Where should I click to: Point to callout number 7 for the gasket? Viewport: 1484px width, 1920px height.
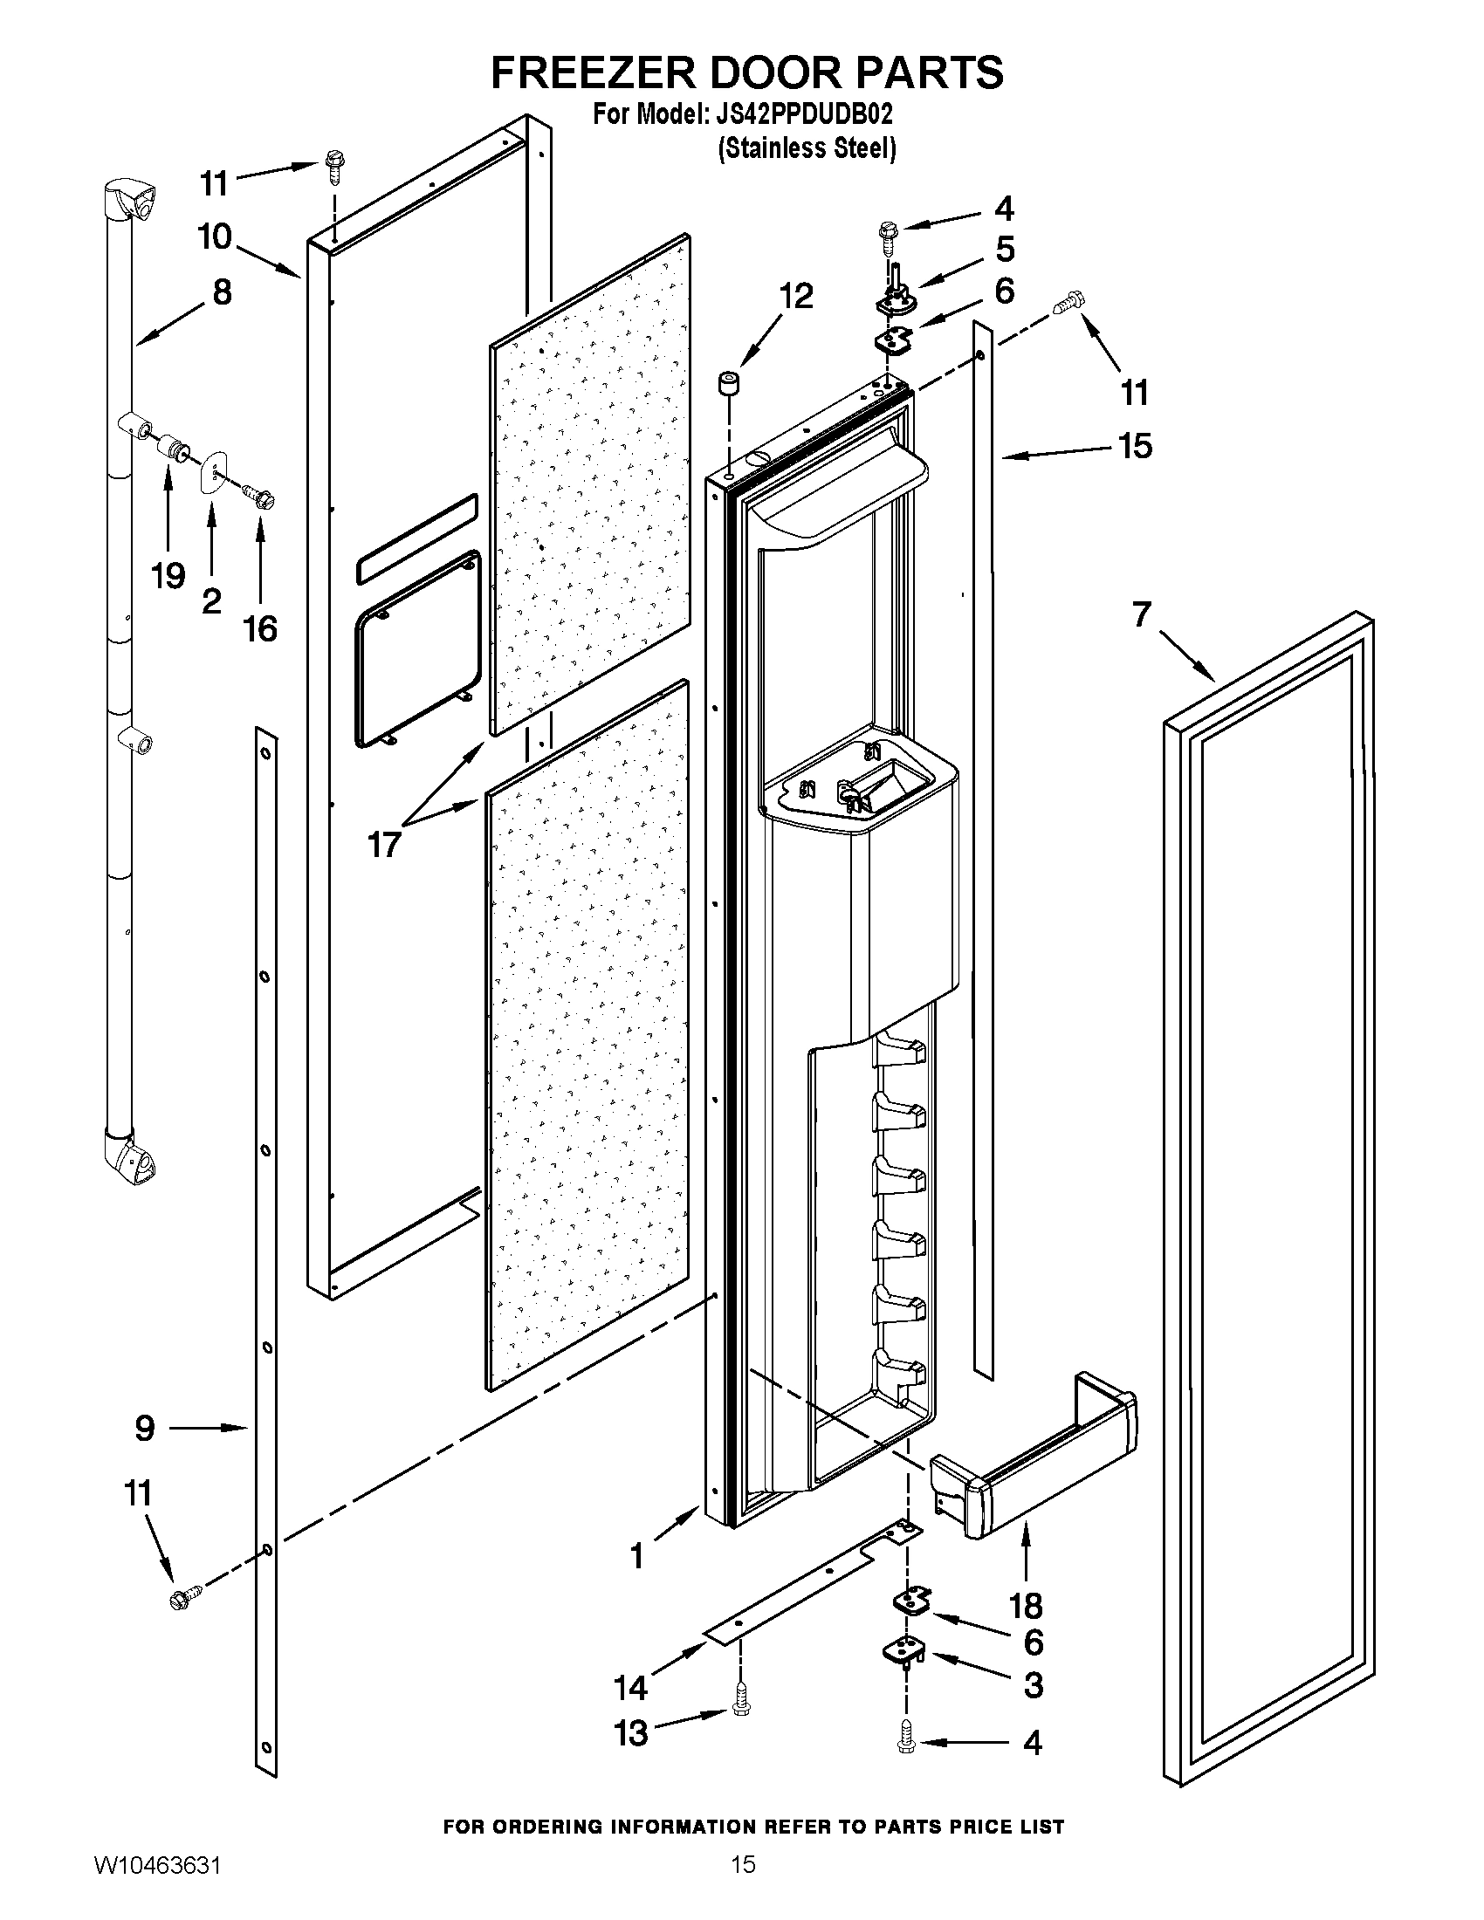tap(1141, 614)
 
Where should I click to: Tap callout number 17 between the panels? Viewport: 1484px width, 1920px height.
tap(384, 845)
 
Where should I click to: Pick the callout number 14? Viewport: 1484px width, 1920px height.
tap(631, 1687)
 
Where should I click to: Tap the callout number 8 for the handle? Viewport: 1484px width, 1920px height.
tap(222, 291)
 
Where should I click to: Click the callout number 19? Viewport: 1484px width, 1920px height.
tap(168, 577)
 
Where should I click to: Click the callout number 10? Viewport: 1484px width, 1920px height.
tap(215, 237)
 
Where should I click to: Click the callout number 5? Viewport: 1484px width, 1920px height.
tap(1005, 249)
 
